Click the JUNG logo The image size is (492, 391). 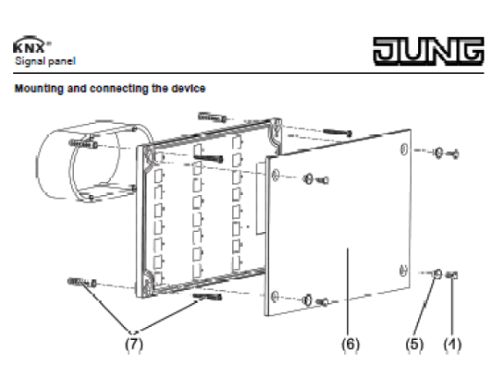coord(429,51)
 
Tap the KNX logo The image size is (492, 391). coord(32,45)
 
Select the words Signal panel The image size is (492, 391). coord(45,61)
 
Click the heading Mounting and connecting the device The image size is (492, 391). coord(110,89)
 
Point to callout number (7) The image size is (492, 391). coord(134,344)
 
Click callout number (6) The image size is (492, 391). coord(351,344)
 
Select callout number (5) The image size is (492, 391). coord(415,344)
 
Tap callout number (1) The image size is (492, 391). coord(452,344)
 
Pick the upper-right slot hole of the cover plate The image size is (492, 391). coord(404,149)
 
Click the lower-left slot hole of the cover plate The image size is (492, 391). coord(274,296)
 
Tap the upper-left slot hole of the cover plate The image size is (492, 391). coord(275,174)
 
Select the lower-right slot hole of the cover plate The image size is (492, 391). coord(403,271)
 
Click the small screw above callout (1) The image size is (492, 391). coord(452,275)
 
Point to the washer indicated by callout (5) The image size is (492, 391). coord(437,274)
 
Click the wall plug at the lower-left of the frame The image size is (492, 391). coord(82,282)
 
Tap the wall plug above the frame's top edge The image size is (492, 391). coord(212,118)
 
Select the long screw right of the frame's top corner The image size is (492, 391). coord(337,133)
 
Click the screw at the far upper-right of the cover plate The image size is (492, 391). coord(453,154)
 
